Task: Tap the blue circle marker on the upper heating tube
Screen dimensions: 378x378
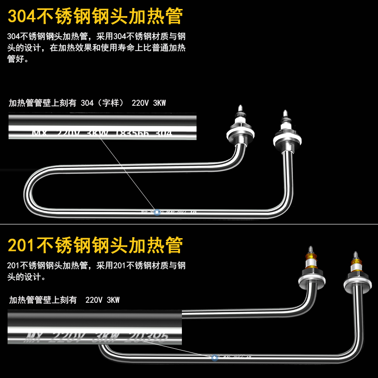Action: click(157, 213)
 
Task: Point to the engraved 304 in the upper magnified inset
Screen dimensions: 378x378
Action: click(163, 133)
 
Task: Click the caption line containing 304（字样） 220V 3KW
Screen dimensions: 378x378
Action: click(87, 103)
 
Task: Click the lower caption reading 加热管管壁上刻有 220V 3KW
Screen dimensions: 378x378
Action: click(64, 300)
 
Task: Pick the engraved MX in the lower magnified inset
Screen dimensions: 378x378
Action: click(34, 337)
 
